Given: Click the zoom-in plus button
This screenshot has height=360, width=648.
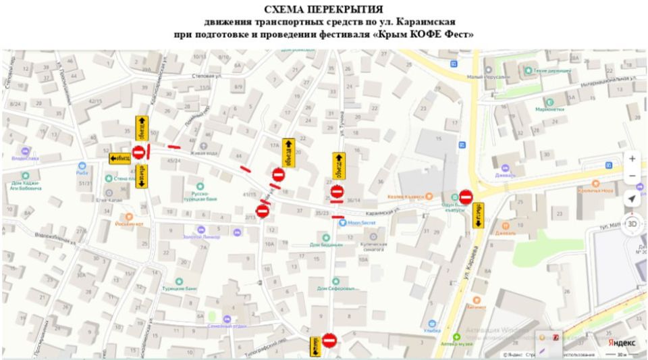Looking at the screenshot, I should (632, 159).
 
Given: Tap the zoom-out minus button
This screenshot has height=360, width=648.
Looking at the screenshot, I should (632, 176).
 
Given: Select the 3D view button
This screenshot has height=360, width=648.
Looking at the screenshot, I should (632, 224).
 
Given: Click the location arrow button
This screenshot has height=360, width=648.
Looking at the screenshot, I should (632, 199).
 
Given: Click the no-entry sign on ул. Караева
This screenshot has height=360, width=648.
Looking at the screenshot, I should (466, 197).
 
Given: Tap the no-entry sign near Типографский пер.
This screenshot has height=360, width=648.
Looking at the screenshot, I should (329, 340).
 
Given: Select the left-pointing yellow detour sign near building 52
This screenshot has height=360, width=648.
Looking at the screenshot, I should (120, 158).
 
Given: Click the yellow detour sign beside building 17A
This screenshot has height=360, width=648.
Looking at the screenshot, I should (288, 152).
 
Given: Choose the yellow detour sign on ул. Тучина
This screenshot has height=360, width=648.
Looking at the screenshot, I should (339, 165).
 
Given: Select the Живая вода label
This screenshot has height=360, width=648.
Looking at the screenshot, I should (202, 153).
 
